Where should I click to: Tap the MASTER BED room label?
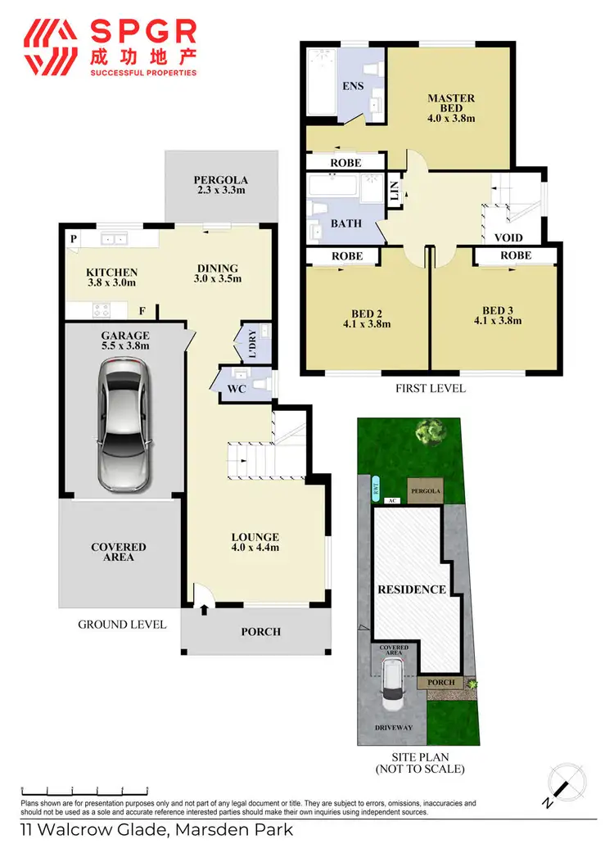coord(451,108)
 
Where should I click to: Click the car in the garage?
coord(124,426)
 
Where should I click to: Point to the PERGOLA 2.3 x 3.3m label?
coord(220,185)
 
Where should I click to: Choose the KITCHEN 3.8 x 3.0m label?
coord(112,277)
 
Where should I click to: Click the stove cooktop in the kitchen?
coord(102,310)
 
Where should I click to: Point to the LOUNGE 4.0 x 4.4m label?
coord(255,542)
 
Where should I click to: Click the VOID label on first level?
coord(508,238)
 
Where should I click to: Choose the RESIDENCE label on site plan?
coord(411,589)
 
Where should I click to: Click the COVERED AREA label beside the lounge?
coord(119,552)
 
